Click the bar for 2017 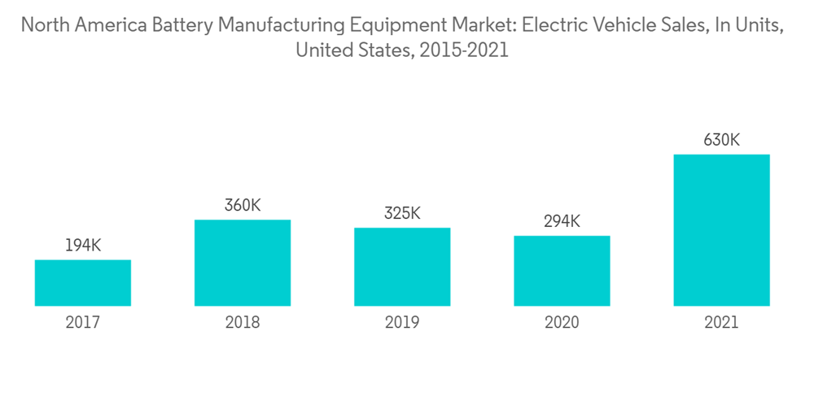coord(83,283)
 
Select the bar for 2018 coord(243,263)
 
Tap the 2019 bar coord(402,267)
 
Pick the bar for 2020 coord(562,271)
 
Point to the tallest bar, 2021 coord(721,230)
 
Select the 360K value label coord(243,205)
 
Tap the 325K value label coord(402,213)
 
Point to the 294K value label coord(562,221)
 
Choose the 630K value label coord(721,140)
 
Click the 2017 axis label coord(83,323)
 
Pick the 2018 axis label coord(243,323)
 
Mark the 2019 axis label coord(402,323)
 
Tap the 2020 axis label coord(562,323)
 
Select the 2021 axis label coord(721,323)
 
